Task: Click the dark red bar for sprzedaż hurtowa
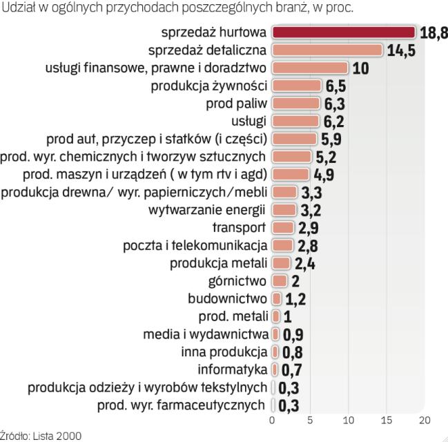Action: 344,32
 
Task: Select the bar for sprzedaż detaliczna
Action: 328,50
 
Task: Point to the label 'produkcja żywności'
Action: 210,86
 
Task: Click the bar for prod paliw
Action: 296,104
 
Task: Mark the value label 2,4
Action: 304,263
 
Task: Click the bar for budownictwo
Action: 277,299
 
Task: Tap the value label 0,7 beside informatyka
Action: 292,370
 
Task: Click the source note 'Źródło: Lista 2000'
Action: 41,436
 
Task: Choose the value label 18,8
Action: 434,32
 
